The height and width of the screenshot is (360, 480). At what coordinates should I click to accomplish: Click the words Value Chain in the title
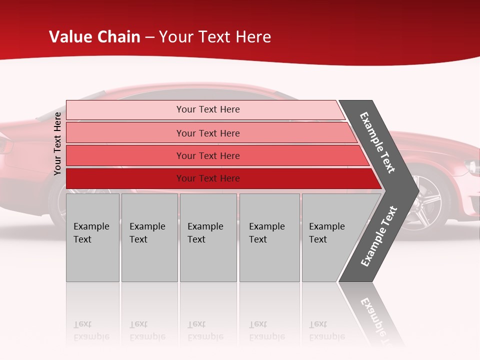pos(94,37)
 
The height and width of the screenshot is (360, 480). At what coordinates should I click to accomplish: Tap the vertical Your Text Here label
pos(57,143)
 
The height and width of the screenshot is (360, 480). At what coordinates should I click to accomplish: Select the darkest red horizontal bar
pos(125,178)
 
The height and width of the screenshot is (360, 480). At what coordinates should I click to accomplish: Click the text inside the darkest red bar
pos(208,178)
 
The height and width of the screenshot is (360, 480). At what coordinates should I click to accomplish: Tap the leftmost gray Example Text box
pos(92,237)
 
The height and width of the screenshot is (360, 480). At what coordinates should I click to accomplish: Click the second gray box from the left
pos(149,237)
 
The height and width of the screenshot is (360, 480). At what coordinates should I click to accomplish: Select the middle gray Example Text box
pos(208,237)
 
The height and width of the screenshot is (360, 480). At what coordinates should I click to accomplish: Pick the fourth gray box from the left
pos(269,237)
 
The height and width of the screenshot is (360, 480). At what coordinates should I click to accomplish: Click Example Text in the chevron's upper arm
pos(377,142)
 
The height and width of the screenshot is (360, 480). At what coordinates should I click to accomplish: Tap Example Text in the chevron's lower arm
pos(378,236)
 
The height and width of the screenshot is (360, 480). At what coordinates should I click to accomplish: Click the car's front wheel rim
pos(424,206)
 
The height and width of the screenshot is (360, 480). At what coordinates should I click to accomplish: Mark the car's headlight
pos(471,166)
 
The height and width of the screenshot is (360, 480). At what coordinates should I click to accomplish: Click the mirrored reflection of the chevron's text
pos(377,320)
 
